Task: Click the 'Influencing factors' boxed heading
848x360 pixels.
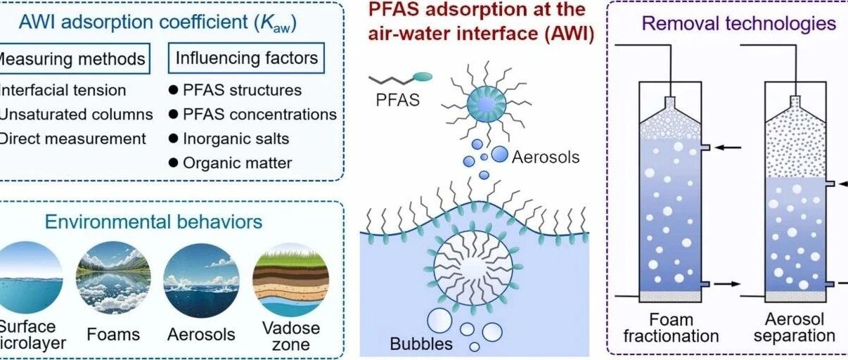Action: click(x=246, y=58)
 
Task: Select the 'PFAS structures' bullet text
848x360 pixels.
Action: click(x=241, y=90)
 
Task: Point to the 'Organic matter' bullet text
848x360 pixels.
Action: click(x=237, y=163)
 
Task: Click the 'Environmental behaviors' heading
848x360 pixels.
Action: click(x=154, y=222)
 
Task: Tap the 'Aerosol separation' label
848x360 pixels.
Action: click(x=794, y=327)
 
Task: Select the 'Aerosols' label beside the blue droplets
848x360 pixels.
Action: click(x=546, y=156)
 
